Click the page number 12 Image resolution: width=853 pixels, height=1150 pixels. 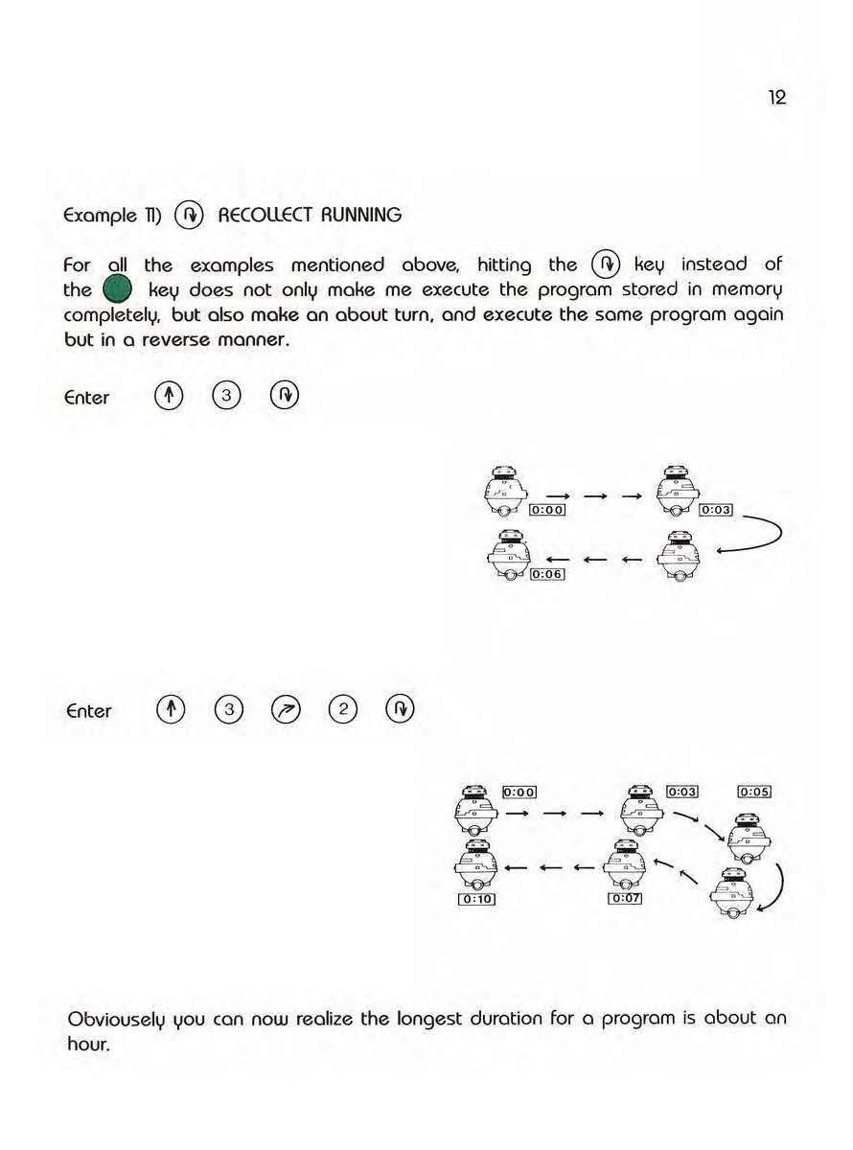776,98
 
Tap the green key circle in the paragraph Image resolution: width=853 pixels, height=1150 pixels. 109,289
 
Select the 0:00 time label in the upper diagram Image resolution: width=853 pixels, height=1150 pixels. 547,510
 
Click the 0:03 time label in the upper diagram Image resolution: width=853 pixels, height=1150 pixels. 716,510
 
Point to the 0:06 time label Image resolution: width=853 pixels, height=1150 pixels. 547,574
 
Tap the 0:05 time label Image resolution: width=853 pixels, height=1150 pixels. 754,792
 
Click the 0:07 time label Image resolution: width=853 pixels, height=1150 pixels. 625,898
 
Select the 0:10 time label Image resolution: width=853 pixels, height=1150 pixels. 476,899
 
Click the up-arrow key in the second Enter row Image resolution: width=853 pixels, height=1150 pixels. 168,710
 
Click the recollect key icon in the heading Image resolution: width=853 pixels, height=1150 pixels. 190,216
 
